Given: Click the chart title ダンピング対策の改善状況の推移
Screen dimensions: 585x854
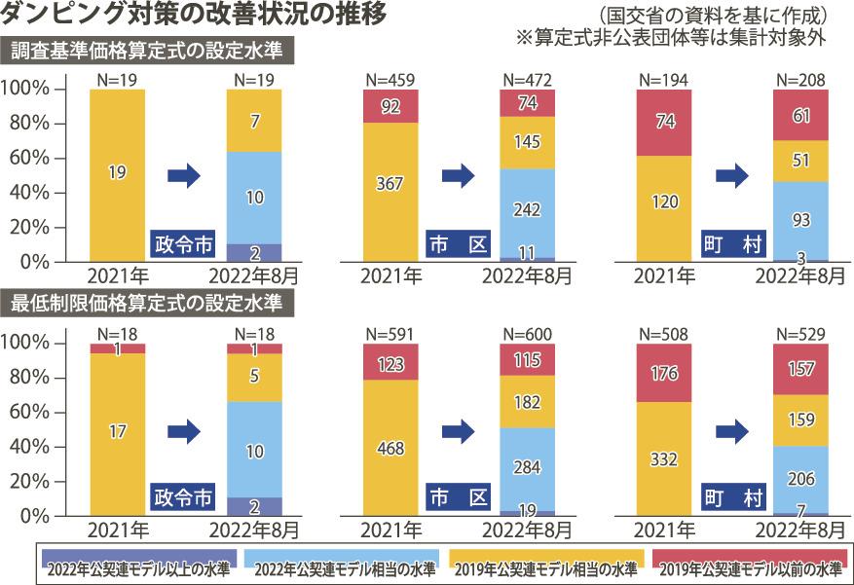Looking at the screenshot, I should [196, 16].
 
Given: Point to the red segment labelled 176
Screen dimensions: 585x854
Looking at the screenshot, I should [664, 373].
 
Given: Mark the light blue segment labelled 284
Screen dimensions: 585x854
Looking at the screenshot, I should [527, 468].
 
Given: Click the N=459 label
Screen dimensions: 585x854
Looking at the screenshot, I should [390, 79].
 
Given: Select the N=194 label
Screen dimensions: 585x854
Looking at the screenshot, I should [664, 79].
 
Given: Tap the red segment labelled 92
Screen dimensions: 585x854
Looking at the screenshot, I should [390, 106].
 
